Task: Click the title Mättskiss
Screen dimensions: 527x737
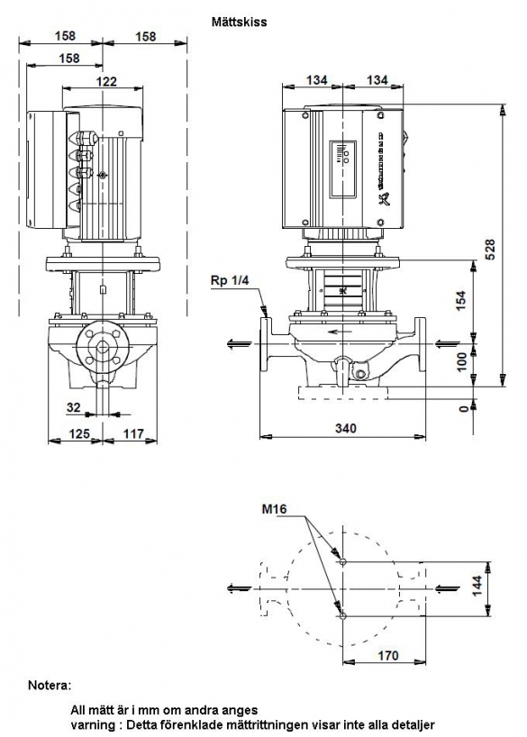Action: coord(239,23)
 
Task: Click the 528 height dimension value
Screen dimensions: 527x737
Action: coord(490,250)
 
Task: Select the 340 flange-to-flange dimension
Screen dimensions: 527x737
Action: coord(346,428)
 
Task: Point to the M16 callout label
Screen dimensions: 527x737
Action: coord(274,508)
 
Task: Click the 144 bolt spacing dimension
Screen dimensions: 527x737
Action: coord(477,586)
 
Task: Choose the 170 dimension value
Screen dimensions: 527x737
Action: coord(388,655)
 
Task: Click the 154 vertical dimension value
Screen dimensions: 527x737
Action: coord(462,300)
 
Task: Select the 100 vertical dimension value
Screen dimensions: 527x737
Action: coord(463,361)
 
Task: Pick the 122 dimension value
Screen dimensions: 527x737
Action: coord(106,81)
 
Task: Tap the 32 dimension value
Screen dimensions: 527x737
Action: coord(74,407)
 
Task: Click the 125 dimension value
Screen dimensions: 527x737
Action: coord(78,433)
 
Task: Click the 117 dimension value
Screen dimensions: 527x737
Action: coord(133,433)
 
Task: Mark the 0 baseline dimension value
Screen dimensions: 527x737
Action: coord(464,408)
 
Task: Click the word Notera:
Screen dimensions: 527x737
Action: coord(50,685)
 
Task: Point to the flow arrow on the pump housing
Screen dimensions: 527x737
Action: coord(341,332)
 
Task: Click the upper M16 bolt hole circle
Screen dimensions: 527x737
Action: coord(342,561)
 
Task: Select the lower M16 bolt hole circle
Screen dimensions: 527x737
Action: coord(342,615)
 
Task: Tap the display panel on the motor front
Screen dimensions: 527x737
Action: coord(342,168)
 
